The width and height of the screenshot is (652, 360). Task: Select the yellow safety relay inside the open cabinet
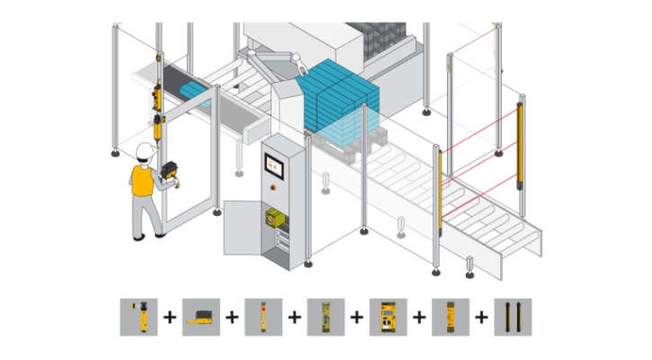tap(275, 218)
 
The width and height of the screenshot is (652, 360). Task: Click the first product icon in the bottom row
tap(138, 317)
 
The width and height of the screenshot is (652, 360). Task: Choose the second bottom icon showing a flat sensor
tap(201, 317)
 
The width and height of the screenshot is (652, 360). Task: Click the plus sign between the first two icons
tap(170, 317)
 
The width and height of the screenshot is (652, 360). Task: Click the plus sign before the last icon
tap(482, 317)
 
